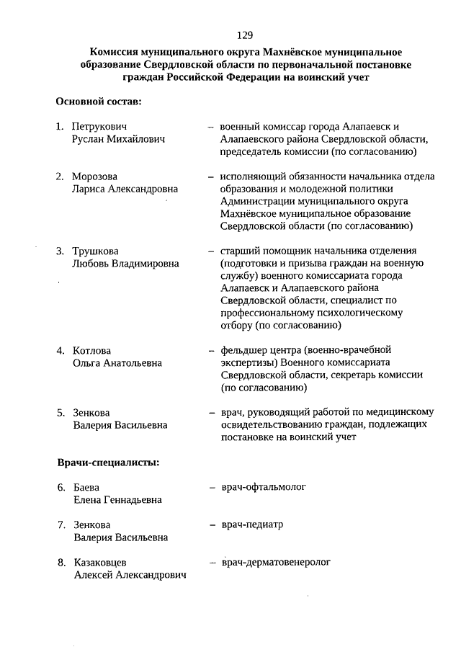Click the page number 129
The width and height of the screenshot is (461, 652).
tap(244, 35)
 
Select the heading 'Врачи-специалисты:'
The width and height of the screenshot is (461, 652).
tap(108, 462)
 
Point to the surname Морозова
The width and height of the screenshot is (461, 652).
tap(94, 177)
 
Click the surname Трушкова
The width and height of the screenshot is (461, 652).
tap(95, 251)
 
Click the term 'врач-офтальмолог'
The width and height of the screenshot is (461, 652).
tap(263, 487)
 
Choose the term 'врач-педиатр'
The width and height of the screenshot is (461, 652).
tap(251, 524)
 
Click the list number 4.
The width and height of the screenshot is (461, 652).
tap(61, 350)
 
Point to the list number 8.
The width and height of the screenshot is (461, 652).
tap(61, 562)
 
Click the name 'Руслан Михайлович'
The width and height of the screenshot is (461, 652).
tap(119, 139)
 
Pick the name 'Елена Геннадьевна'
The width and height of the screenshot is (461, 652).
tap(117, 499)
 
